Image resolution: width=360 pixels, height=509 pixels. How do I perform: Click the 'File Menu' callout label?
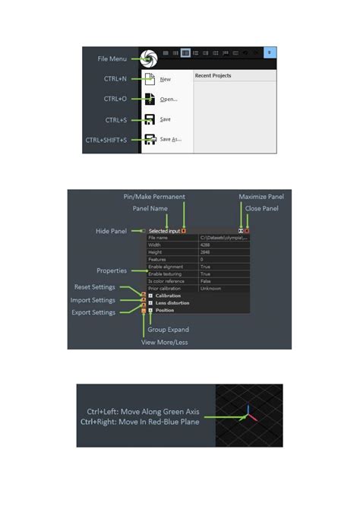[x=112, y=58]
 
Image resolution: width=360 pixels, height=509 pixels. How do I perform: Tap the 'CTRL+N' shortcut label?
[x=116, y=79]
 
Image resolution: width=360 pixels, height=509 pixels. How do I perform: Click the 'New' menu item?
[x=166, y=78]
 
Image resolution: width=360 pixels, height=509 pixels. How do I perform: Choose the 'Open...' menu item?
[x=169, y=99]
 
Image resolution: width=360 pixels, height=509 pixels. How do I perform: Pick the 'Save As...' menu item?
[x=171, y=139]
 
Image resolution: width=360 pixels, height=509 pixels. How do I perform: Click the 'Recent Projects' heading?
[x=213, y=76]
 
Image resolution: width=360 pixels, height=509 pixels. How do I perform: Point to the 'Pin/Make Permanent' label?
[x=154, y=197]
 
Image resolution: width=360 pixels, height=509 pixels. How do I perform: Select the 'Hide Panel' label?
[x=111, y=231]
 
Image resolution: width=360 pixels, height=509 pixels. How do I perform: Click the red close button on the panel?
[x=247, y=230]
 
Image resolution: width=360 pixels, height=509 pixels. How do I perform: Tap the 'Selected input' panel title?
[x=164, y=231]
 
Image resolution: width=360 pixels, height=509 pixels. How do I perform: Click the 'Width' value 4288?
[x=207, y=245]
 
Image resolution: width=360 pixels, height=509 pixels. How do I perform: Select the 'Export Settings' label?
[x=93, y=312]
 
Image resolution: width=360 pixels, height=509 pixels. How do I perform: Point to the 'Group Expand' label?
[x=168, y=330]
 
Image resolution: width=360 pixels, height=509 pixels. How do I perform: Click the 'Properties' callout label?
[x=112, y=270]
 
